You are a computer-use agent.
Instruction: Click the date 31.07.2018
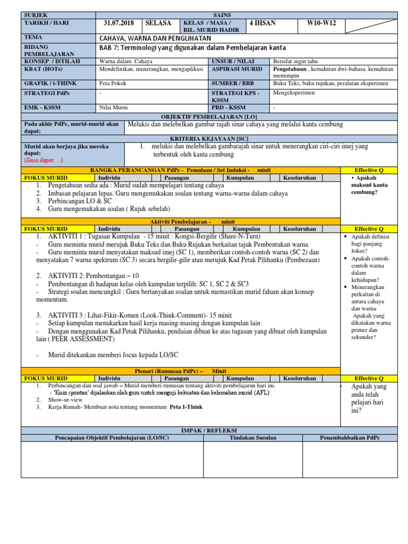[119, 23]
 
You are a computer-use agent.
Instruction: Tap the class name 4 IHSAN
[263, 23]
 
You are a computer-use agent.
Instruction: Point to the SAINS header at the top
[246, 15]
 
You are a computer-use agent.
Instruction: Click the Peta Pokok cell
[113, 83]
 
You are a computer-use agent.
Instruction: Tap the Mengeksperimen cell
[294, 92]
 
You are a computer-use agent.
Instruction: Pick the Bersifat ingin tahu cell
[295, 62]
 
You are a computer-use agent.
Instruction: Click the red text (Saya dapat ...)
[44, 160]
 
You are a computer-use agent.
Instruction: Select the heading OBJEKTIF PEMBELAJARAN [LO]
[209, 116]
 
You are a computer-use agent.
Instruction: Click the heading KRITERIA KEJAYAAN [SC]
[209, 138]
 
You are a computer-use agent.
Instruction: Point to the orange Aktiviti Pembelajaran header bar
[181, 221]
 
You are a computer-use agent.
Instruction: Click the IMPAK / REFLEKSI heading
[209, 430]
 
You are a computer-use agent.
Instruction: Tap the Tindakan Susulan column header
[252, 437]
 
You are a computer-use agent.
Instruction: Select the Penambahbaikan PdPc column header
[350, 437]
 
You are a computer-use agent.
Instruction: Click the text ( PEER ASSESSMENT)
[82, 338]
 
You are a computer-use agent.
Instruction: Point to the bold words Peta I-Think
[186, 407]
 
